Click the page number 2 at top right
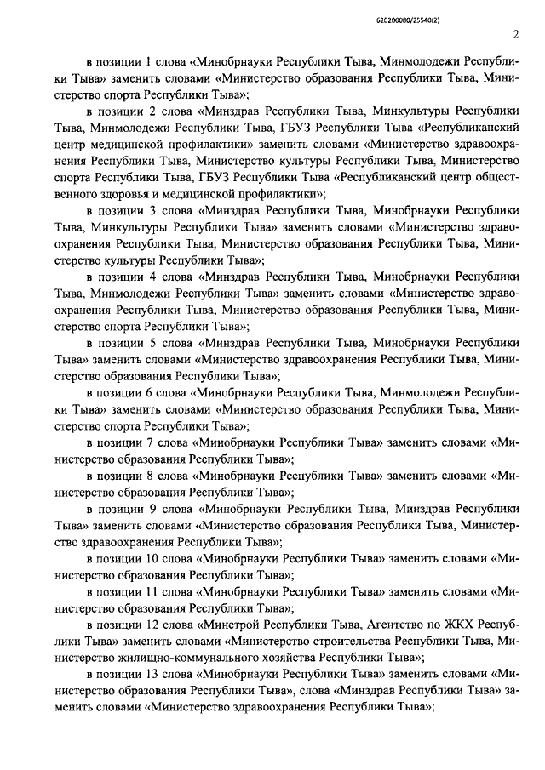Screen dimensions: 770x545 click(516, 34)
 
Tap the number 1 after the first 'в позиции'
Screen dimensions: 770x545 click(151, 61)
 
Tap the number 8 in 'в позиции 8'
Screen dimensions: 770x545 click(151, 476)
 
